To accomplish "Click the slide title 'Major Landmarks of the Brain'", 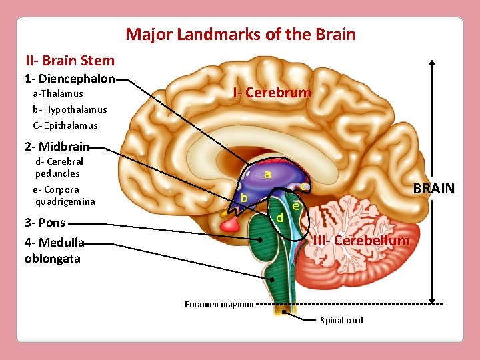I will click(240, 34).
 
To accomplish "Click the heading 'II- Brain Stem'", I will click(70, 61).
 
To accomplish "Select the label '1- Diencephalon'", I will click(69, 79).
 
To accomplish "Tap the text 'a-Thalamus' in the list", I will click(58, 94).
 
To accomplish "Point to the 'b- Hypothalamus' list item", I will click(69, 109).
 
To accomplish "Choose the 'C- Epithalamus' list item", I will click(65, 125).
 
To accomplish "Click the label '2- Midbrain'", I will click(57, 147).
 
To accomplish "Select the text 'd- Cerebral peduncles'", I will click(59, 167).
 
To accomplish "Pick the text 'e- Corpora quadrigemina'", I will click(64, 195).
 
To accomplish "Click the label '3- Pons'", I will click(45, 223).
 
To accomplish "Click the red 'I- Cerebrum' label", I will click(272, 93).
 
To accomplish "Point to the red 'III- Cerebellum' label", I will click(361, 240).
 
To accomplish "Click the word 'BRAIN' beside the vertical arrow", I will click(433, 189).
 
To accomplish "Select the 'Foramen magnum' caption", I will click(219, 305).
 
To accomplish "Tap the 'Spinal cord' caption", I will click(341, 321).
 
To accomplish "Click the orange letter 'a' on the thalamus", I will click(267, 175).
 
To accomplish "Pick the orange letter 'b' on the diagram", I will click(245, 199).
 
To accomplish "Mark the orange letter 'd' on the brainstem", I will click(280, 218).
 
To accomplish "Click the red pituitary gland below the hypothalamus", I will click(230, 224).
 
